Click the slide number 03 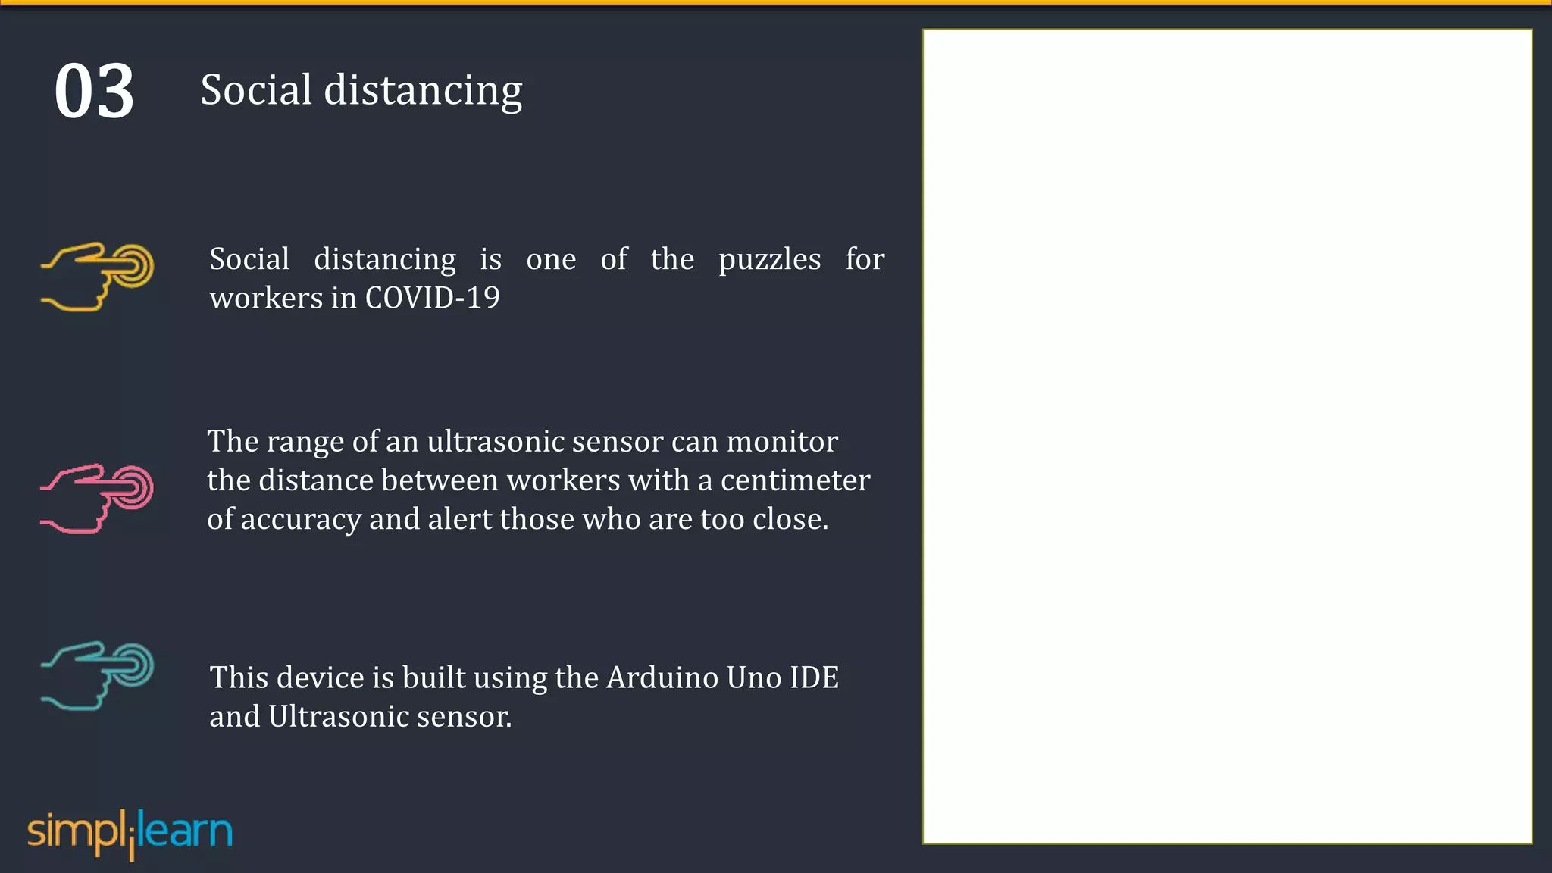94,92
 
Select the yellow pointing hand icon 97,277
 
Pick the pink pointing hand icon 97,498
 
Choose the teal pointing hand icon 97,675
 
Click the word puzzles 769,260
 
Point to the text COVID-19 432,298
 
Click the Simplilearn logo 130,833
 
